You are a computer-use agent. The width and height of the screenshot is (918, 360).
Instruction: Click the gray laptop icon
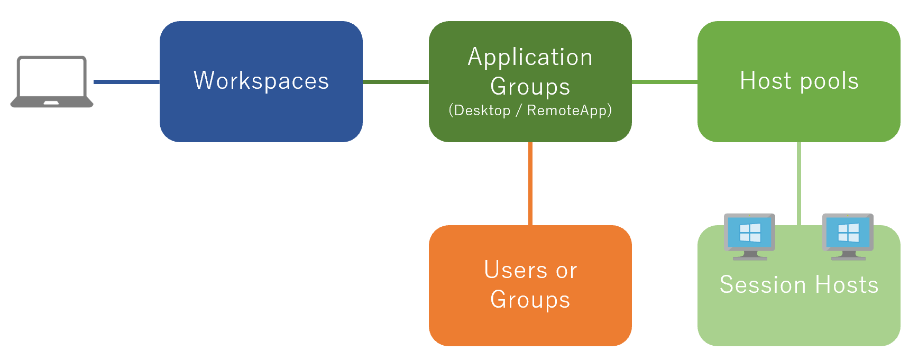51,81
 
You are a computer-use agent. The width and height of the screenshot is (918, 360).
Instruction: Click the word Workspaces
261,81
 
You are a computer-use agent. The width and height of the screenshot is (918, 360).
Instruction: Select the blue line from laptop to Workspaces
126,82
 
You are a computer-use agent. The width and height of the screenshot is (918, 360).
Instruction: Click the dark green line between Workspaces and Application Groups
396,82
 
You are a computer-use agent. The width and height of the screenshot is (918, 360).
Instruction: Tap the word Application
530,57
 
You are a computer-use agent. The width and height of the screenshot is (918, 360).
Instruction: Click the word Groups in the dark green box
530,86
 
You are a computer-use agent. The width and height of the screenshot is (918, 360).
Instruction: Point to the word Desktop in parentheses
482,110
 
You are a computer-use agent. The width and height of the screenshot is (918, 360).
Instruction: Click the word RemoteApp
567,110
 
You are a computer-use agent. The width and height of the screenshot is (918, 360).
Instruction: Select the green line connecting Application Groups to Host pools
664,82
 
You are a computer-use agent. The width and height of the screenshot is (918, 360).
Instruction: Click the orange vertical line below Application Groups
530,183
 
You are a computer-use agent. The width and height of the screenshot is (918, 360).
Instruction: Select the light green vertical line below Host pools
798,183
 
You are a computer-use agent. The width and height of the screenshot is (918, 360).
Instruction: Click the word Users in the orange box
516,270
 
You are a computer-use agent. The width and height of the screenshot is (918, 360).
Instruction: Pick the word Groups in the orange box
530,299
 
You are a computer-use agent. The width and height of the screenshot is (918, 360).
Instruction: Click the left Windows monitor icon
749,236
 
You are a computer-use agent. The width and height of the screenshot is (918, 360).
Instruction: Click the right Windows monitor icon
848,236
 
